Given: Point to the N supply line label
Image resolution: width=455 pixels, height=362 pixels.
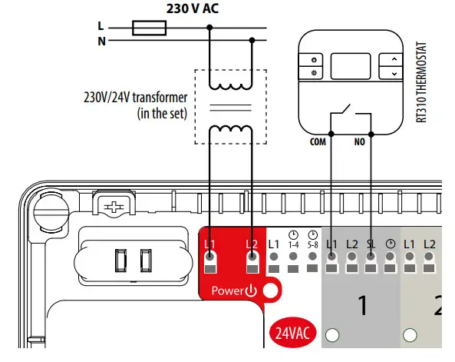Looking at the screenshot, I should [x=101, y=41].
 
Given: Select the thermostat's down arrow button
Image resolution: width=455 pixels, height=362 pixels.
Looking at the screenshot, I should [x=394, y=73].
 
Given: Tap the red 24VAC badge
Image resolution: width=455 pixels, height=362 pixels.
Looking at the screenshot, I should [x=292, y=334].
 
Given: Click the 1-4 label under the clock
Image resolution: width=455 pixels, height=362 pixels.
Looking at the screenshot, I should [x=293, y=244].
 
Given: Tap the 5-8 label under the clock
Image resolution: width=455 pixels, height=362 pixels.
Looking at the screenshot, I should [x=312, y=244].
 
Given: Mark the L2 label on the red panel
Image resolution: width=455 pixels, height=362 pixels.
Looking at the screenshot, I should [x=252, y=244].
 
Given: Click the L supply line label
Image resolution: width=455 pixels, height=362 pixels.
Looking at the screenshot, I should [x=100, y=25].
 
